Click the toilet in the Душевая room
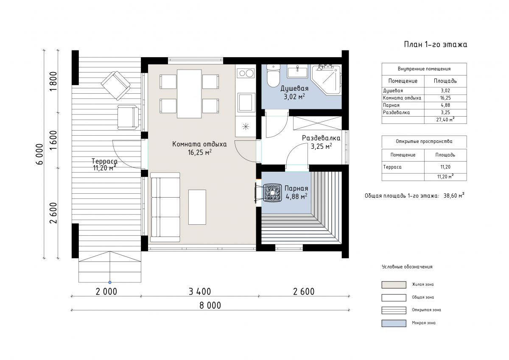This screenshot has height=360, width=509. (273, 75)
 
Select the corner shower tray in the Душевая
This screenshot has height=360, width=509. (326, 80)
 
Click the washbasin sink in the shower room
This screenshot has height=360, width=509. (297, 71)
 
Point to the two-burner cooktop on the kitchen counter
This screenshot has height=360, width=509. (246, 73)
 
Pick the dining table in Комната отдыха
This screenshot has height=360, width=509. (189, 94)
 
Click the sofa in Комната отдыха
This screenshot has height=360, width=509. (165, 207)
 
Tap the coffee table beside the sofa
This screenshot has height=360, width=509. (197, 207)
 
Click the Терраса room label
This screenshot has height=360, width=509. (104, 161)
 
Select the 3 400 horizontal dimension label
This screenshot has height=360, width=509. (200, 292)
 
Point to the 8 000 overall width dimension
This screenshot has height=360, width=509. (210, 306)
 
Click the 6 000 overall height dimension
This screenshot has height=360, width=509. (39, 154)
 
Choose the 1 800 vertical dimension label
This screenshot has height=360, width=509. (53, 81)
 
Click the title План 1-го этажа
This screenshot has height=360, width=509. (435, 44)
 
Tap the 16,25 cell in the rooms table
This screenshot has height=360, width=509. (445, 98)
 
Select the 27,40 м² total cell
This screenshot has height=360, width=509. (445, 120)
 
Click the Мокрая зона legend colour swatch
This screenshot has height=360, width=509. (394, 323)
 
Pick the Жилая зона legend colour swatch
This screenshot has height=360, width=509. (394, 285)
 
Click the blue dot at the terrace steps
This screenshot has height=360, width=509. (110, 282)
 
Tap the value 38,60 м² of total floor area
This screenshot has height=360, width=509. (454, 195)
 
